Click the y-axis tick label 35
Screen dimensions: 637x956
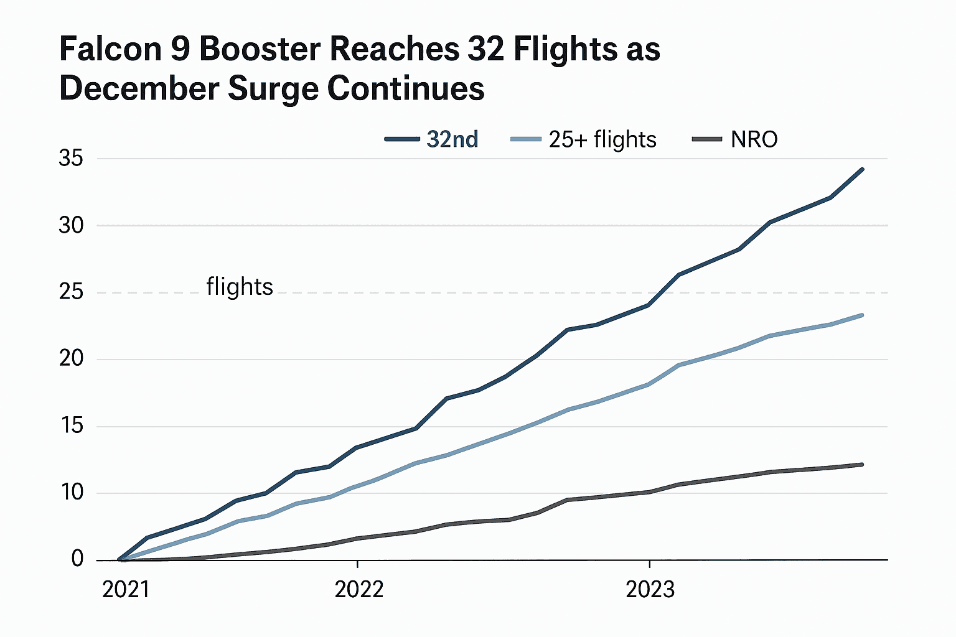71,159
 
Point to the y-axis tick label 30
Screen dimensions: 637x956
71,225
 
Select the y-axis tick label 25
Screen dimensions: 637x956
71,292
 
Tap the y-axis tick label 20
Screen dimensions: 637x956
71,359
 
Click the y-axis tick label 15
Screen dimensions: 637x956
71,426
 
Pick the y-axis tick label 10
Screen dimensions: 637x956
71,493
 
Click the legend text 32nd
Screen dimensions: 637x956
452,139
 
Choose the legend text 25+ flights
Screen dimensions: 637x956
602,139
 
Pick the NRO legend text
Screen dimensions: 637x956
754,139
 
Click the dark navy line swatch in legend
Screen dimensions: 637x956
402,139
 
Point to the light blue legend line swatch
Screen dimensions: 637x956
525,139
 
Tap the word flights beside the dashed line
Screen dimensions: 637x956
240,287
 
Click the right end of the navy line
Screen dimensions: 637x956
862,169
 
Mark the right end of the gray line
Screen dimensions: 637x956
862,465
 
